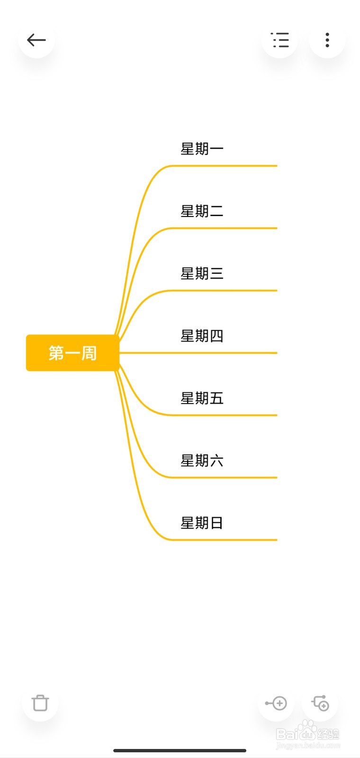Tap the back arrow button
click(x=36, y=40)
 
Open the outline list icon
click(x=279, y=40)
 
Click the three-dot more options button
click(x=327, y=40)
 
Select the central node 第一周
click(x=72, y=353)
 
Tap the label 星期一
click(x=202, y=149)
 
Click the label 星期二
click(x=202, y=211)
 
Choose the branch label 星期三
click(x=202, y=273)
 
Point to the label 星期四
click(x=202, y=336)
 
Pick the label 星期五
click(x=202, y=398)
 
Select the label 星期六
click(x=202, y=460)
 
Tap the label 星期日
click(x=202, y=523)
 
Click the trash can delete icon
click(x=40, y=703)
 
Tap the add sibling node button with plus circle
click(x=276, y=703)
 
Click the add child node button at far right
click(x=320, y=703)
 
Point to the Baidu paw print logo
click(x=308, y=729)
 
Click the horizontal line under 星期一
click(x=223, y=166)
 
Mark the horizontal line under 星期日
click(x=223, y=540)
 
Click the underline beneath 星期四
click(x=223, y=353)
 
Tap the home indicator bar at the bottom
click(x=180, y=750)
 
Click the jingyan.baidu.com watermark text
click(x=307, y=745)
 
